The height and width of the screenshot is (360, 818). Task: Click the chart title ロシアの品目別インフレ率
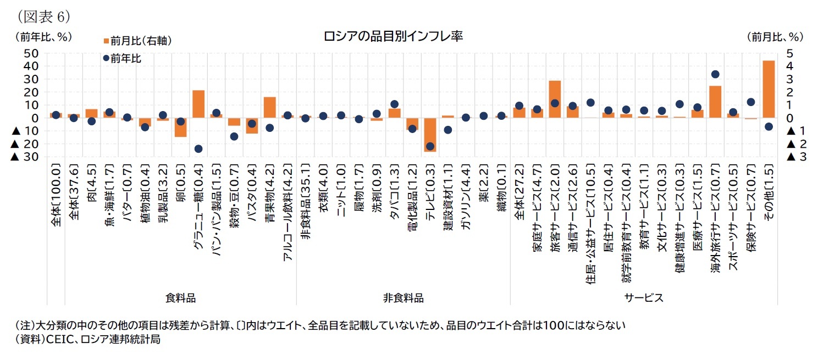tap(393, 37)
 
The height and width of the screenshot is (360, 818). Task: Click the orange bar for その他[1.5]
tap(769, 89)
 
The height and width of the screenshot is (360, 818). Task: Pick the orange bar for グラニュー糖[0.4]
tap(198, 104)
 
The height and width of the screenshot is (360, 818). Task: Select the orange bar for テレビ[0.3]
tap(430, 134)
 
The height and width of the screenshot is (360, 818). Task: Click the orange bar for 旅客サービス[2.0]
tap(555, 99)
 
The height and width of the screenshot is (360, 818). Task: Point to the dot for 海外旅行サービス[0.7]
tap(715, 74)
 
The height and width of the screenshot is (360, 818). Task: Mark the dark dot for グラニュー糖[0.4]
tap(198, 149)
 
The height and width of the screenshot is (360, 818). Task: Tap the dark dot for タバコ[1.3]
tap(394, 104)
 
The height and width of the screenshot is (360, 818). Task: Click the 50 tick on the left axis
tap(31, 53)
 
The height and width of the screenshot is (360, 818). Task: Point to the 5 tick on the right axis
tap(789, 53)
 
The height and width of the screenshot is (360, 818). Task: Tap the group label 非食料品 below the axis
tap(404, 298)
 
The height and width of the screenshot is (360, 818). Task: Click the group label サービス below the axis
tap(643, 298)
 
